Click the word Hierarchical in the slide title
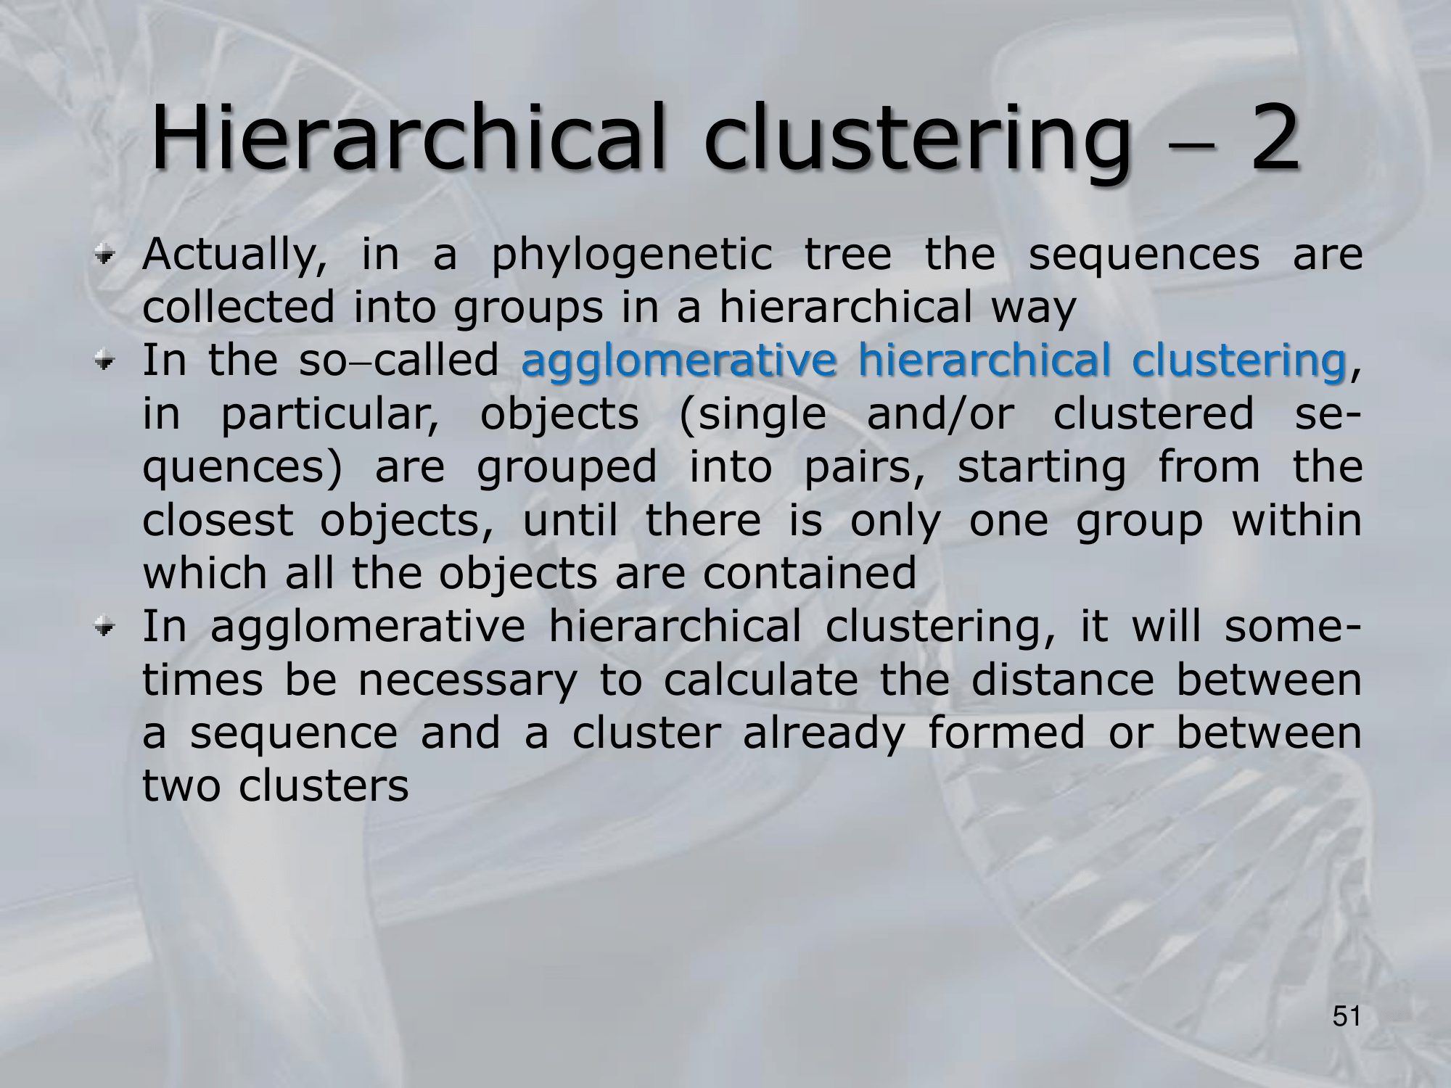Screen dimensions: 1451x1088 coord(407,138)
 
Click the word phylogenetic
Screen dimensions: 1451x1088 coord(632,256)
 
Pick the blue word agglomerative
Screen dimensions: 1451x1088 coord(679,360)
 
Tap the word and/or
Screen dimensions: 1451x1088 coord(940,413)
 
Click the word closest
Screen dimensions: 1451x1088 coord(218,520)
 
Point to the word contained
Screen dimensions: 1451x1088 coord(810,574)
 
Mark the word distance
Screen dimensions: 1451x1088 coord(1062,680)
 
